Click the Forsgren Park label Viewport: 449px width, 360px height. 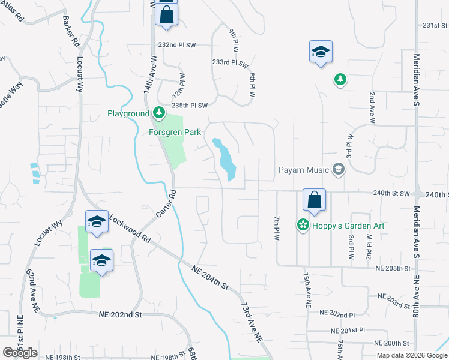point(175,133)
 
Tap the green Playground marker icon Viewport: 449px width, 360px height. point(158,113)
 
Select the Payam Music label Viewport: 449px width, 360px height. point(304,170)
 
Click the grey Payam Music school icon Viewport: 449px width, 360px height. point(339,170)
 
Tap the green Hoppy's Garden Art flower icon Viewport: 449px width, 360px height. point(303,226)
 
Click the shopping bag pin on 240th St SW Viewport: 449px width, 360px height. point(314,200)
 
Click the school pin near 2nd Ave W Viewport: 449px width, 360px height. point(321,52)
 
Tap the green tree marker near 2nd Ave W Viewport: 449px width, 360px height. point(340,79)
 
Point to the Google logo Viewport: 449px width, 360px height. point(20,353)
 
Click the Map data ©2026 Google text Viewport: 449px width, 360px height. point(412,355)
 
